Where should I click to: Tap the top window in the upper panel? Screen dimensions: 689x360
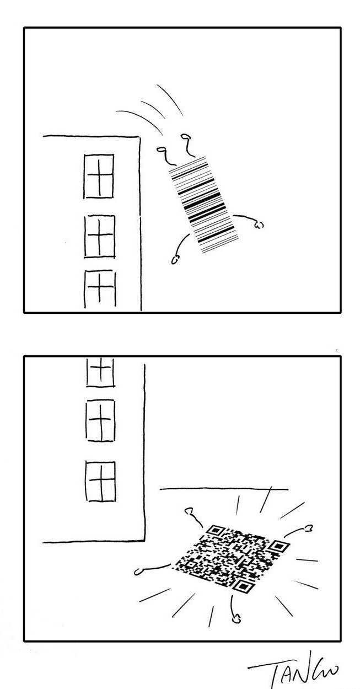[x=99, y=176]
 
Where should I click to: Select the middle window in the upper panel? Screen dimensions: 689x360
[x=100, y=236]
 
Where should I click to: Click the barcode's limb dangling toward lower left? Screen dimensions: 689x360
[x=181, y=248]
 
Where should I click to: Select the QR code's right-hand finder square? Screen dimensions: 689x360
[x=278, y=546]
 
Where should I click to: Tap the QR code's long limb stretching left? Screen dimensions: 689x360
[x=154, y=569]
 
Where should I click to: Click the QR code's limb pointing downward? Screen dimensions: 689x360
[x=234, y=610]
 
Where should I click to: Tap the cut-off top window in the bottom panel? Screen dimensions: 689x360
[x=100, y=371]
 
